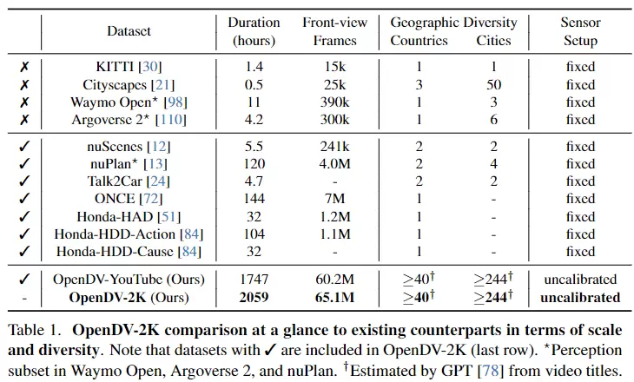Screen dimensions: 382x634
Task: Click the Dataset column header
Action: click(x=129, y=31)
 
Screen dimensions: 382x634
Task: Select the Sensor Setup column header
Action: click(x=580, y=31)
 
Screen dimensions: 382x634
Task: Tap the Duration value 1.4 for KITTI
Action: click(x=254, y=67)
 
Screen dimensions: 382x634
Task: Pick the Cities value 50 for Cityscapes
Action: click(x=493, y=85)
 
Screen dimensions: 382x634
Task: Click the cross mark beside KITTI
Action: click(x=24, y=67)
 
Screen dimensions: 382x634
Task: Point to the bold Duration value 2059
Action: click(x=254, y=298)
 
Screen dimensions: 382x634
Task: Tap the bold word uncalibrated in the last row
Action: click(x=580, y=298)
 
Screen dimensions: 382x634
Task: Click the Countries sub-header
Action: click(x=419, y=40)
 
